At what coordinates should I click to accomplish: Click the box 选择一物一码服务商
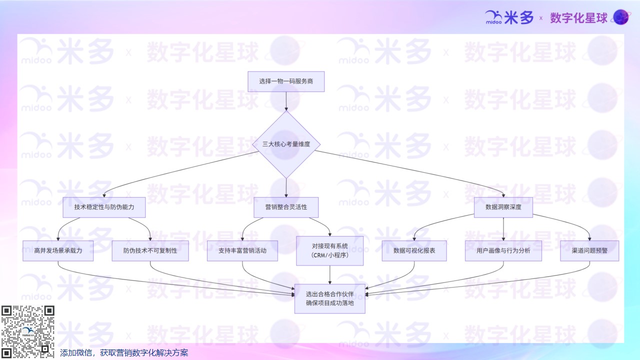(286, 81)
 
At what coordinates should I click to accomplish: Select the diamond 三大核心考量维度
(286, 144)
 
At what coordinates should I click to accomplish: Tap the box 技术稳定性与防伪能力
(104, 207)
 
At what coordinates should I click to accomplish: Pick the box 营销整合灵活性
(286, 207)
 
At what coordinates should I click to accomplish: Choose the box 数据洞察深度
(503, 207)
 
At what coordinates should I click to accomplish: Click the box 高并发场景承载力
(58, 250)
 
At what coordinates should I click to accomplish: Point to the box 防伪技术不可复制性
(150, 250)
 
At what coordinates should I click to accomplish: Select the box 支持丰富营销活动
(242, 250)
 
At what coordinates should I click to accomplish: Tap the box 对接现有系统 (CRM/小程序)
(330, 250)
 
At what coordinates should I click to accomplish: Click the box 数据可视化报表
(414, 250)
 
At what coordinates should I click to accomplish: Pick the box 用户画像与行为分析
(503, 250)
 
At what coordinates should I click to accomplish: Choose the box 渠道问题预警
(589, 250)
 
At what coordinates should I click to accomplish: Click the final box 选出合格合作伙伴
(330, 298)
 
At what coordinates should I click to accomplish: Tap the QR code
(27, 331)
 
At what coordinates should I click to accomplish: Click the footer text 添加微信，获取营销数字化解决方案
(124, 352)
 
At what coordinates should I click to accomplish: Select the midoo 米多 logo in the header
(509, 18)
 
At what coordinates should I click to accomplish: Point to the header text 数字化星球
(578, 18)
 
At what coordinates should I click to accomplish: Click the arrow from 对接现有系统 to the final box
(330, 275)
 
